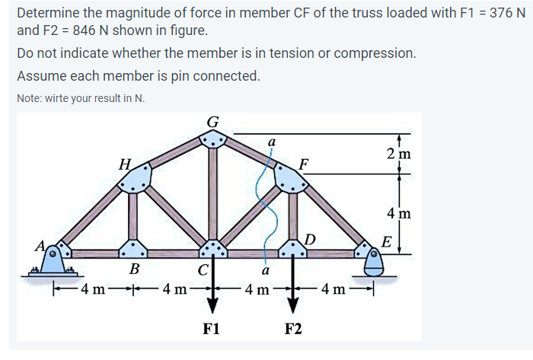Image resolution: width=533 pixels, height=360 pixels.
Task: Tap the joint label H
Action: (x=125, y=162)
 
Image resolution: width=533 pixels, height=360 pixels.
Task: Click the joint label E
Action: (x=387, y=242)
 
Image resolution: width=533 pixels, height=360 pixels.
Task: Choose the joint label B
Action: (x=134, y=269)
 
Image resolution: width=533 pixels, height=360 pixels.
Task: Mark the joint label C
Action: (x=203, y=269)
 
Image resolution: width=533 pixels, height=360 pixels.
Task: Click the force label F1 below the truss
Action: (x=212, y=329)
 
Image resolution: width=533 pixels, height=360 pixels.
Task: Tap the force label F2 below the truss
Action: (x=293, y=329)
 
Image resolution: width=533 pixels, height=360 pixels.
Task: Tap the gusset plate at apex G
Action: (x=213, y=139)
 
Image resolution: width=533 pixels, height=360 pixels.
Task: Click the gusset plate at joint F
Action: (x=290, y=179)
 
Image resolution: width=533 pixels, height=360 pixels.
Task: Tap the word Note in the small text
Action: (x=30, y=99)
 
